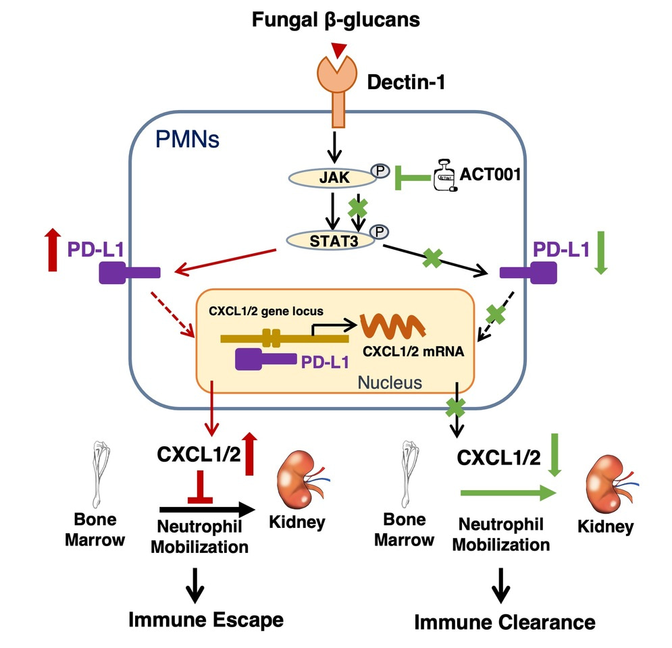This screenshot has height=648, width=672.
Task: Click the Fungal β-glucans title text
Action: (336, 20)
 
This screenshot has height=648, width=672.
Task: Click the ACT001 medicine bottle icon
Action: (442, 178)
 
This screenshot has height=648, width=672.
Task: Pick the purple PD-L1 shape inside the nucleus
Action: (265, 360)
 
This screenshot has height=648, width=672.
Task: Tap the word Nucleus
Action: (389, 383)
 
